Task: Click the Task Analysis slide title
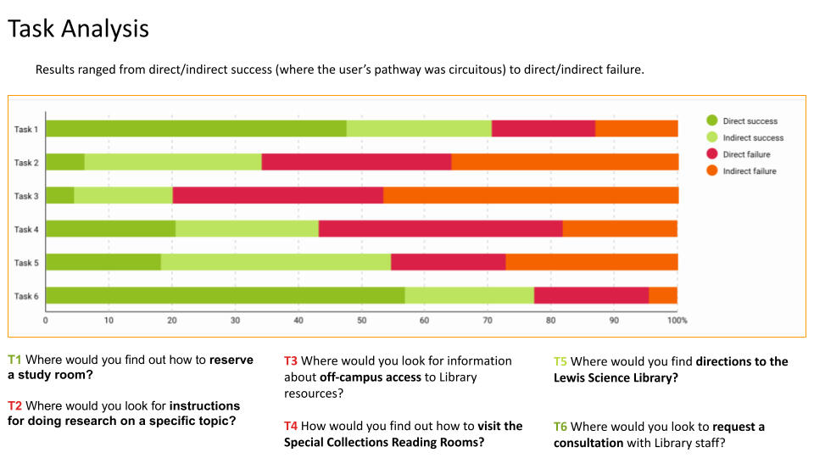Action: point(78,29)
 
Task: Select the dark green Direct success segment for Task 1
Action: point(195,129)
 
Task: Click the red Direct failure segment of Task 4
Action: point(440,228)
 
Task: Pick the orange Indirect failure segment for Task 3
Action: point(530,195)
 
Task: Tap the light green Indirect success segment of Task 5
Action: point(276,262)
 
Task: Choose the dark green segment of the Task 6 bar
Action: point(225,295)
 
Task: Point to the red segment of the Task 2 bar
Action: point(356,162)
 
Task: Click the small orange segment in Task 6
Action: point(663,295)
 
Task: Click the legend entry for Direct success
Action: point(750,121)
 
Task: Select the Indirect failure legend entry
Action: point(750,171)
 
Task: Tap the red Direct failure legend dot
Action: point(712,154)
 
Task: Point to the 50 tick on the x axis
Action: point(361,321)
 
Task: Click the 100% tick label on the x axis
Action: point(677,321)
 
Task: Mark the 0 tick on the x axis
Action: point(45,321)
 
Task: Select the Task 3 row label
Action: point(26,196)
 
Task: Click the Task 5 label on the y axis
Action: point(26,262)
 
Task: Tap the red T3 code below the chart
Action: point(291,361)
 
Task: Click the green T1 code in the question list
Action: point(15,360)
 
